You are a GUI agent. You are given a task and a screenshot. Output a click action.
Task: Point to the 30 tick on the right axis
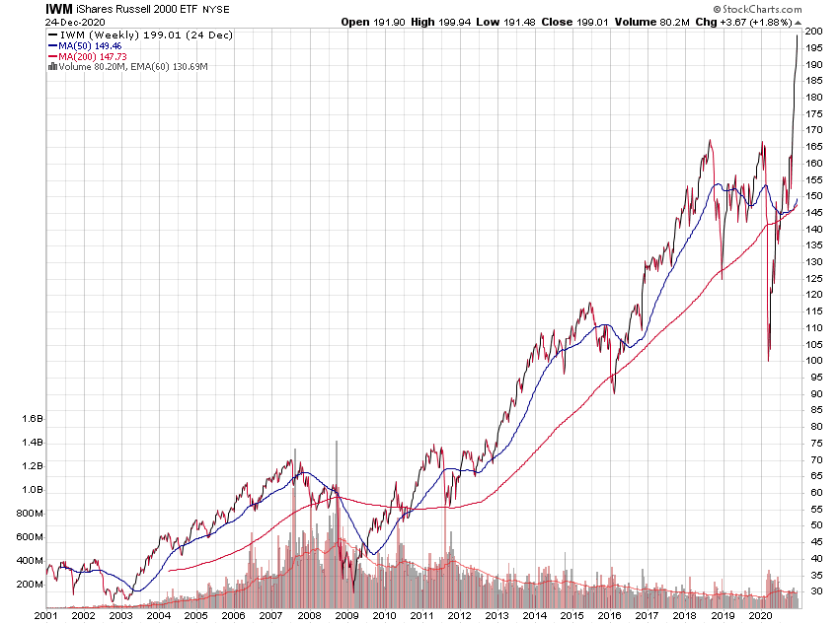[x=812, y=591]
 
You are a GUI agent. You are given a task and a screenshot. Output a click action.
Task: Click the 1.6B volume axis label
[x=32, y=418]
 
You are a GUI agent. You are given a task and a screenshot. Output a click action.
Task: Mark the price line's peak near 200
[x=797, y=35]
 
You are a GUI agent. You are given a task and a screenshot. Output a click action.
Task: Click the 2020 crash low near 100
[x=769, y=360]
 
